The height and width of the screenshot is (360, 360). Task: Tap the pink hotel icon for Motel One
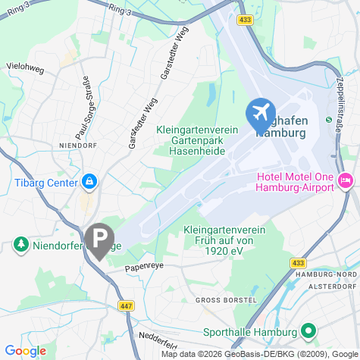[x=346, y=180]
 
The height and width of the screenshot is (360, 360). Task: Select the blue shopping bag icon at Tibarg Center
[x=89, y=182]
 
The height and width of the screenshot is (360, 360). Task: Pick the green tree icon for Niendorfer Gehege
[x=20, y=244]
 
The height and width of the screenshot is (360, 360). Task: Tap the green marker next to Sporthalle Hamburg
[x=308, y=331]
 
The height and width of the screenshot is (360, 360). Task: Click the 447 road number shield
[x=124, y=305]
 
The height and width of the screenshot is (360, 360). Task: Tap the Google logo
[x=24, y=351]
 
